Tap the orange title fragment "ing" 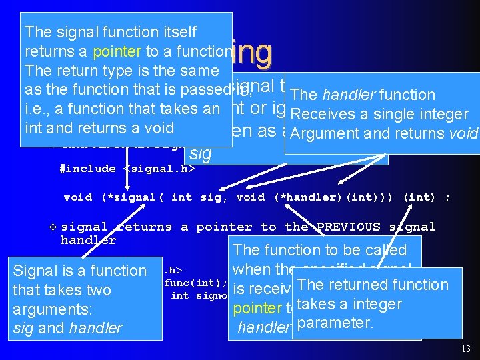tap(253, 51)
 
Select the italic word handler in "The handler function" tap(347, 95)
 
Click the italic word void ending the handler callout tap(463, 134)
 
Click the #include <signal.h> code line tap(127, 169)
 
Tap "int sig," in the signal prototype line tap(200, 197)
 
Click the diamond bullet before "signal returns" tap(53, 227)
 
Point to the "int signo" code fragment tap(199, 295)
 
